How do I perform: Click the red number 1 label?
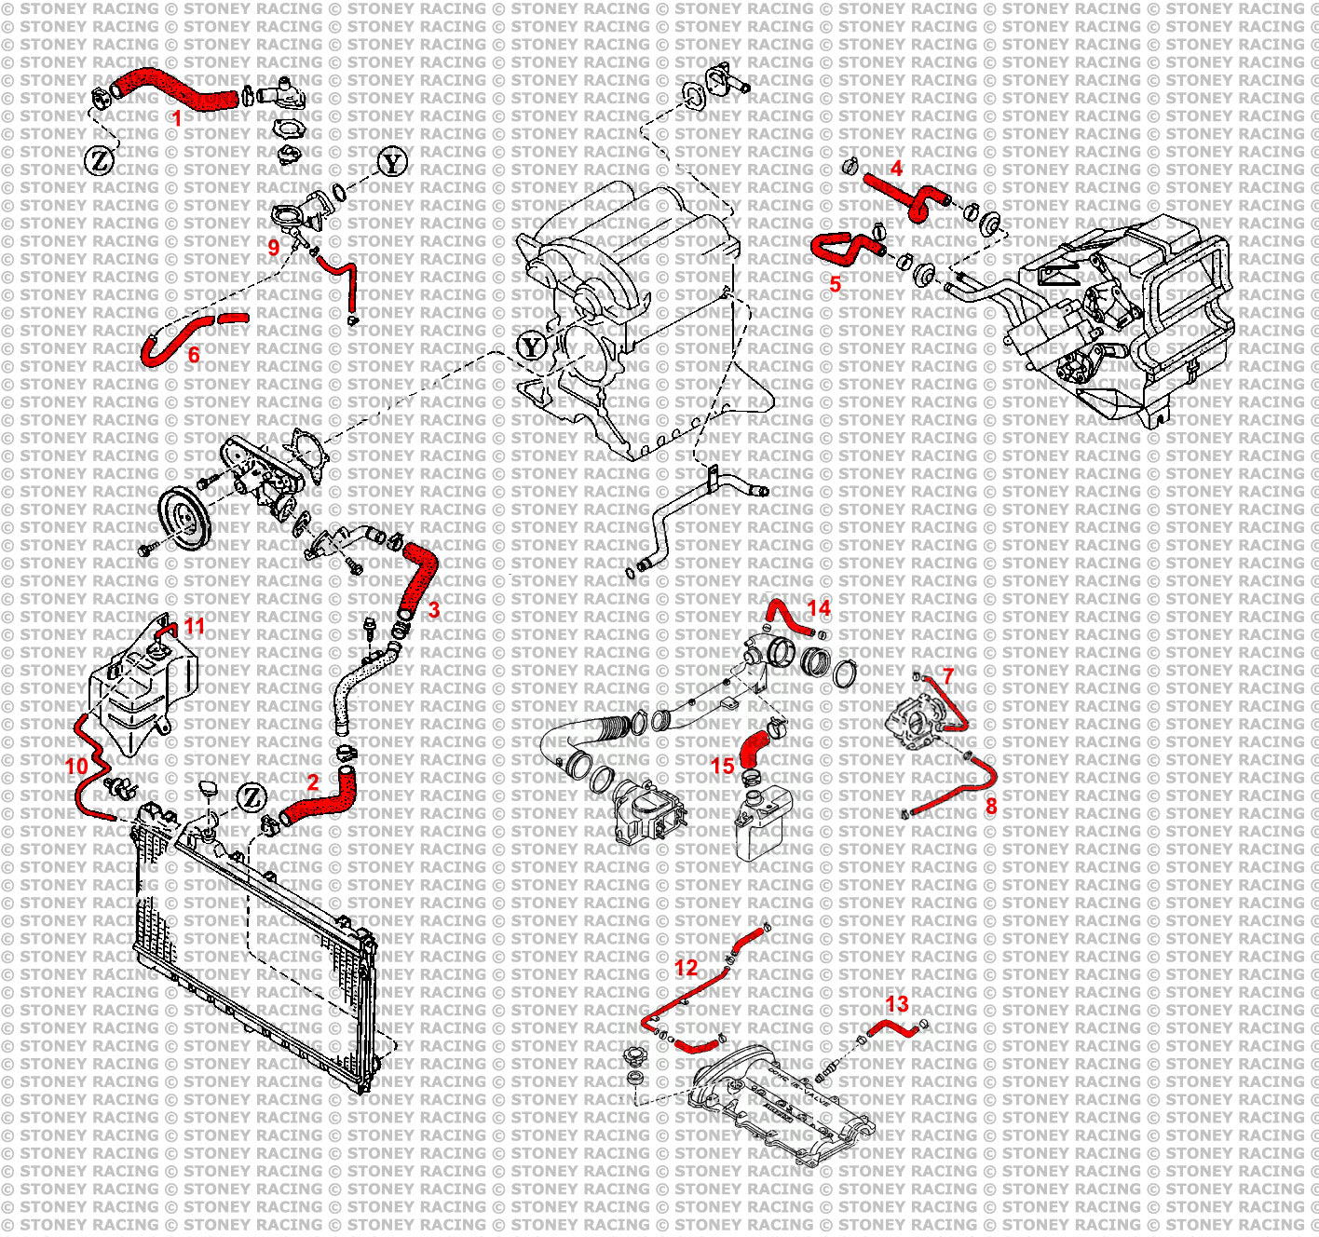point(177,118)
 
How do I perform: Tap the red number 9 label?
point(274,247)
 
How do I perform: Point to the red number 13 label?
point(896,1003)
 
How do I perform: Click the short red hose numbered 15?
point(753,749)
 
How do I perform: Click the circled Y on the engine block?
point(531,347)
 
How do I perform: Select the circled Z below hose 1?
point(101,160)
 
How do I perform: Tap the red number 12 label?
point(686,968)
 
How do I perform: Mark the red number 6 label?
point(194,355)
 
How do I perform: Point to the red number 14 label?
point(819,608)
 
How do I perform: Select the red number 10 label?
point(76,766)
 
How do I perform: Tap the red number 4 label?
point(896,169)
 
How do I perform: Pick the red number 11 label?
point(194,625)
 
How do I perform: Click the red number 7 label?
point(948,675)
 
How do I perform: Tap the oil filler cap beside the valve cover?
point(635,1063)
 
